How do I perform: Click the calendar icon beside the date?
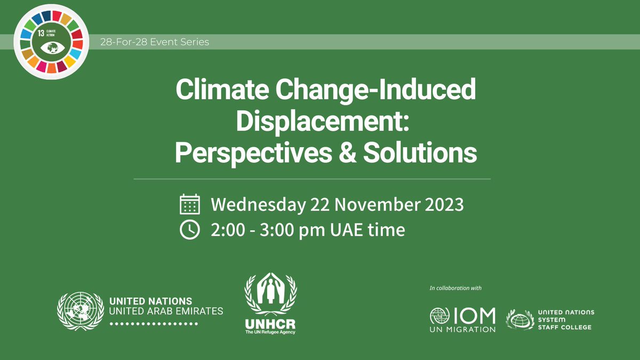pyautogui.click(x=190, y=205)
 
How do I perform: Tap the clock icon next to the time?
pyautogui.click(x=190, y=230)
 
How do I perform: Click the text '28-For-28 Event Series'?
pyautogui.click(x=155, y=42)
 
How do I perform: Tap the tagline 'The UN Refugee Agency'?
pyautogui.click(x=270, y=333)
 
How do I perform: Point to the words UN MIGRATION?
pyautogui.click(x=462, y=330)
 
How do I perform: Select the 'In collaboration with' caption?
pyautogui.click(x=455, y=289)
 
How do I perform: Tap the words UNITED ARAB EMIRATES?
pyautogui.click(x=166, y=311)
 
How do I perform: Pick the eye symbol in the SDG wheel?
pyautogui.click(x=52, y=47)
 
